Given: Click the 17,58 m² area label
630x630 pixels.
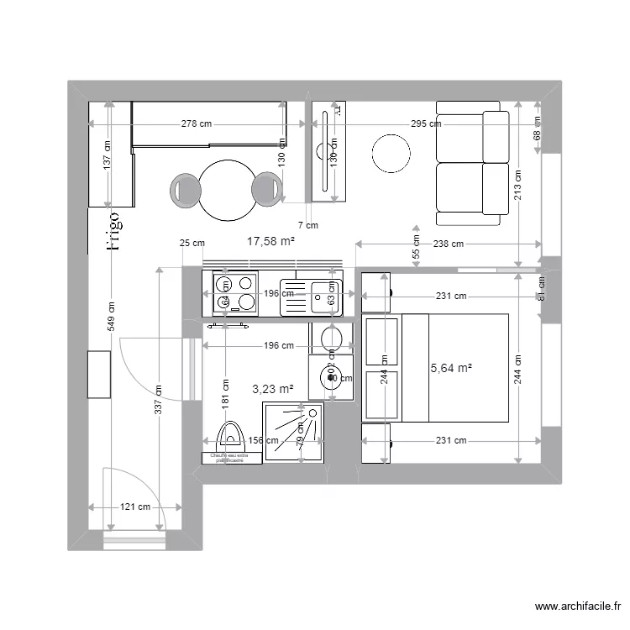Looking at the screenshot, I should coord(270,242).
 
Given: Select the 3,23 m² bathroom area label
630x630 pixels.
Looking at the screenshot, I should coord(273,389).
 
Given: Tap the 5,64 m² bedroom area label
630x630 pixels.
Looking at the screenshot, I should coord(451,368).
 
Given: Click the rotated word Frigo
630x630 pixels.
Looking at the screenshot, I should coord(113,230).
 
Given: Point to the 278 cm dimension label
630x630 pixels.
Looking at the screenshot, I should coord(197,123).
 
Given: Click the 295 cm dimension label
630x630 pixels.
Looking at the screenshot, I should coord(425,123).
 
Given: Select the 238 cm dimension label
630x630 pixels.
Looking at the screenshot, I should coord(448,244).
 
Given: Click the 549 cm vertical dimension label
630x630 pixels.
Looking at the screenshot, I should coord(110,317).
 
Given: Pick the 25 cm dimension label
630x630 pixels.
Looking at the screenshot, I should coord(192,244).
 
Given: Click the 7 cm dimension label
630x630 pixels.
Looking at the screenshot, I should coord(308,225).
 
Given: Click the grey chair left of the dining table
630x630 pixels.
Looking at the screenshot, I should coord(186,190).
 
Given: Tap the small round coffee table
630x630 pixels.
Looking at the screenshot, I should coord(392,154).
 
